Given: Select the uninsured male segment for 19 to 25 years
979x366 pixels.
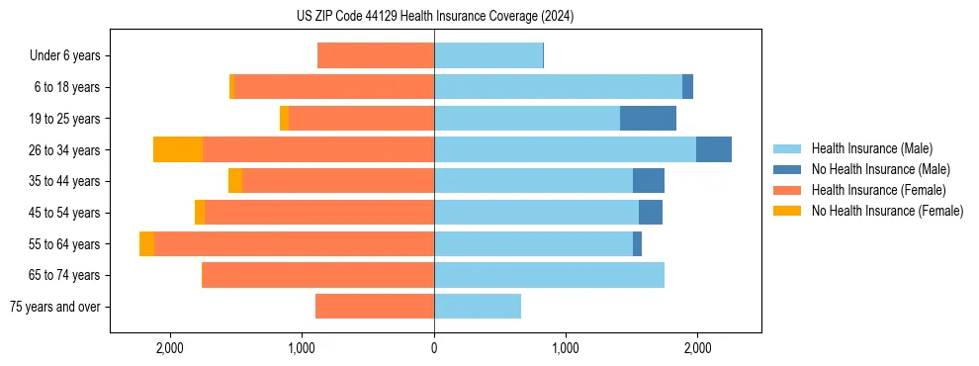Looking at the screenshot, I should click(x=648, y=119).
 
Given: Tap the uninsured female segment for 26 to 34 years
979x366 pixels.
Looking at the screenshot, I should click(x=178, y=149).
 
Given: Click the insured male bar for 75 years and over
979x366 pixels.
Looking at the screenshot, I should click(x=478, y=307).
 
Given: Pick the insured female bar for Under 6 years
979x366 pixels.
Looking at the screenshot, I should click(x=376, y=56).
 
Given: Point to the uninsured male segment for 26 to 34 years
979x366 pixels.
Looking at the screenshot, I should click(x=714, y=149).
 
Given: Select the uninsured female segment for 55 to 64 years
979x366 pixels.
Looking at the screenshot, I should click(x=146, y=244).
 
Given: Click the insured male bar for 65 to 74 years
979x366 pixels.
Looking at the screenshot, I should click(x=549, y=275).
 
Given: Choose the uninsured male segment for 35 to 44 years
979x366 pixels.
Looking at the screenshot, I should click(x=649, y=181).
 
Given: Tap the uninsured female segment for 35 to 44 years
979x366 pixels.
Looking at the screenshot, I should click(x=235, y=181).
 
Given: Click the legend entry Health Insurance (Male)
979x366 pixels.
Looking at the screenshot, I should click(x=871, y=148).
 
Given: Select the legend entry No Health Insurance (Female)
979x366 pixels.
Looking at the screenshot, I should click(x=886, y=211).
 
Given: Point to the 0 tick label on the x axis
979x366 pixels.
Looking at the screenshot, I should click(x=434, y=348).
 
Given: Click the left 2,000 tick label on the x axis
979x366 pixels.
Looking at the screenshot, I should click(x=170, y=348).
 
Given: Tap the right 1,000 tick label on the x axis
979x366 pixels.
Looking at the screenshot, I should click(x=566, y=348).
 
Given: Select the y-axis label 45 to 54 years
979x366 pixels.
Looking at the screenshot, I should click(x=65, y=213).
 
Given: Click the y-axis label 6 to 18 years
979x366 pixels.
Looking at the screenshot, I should click(x=67, y=87).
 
